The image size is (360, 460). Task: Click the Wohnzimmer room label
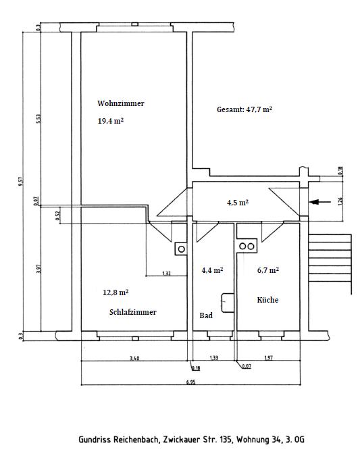click(x=121, y=103)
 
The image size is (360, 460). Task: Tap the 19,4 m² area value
click(x=111, y=121)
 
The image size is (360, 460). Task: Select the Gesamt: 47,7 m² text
click(x=245, y=109)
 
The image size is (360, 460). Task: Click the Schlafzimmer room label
click(x=133, y=312)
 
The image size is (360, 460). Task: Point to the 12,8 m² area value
click(x=115, y=292)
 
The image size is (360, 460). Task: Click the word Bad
click(x=206, y=315)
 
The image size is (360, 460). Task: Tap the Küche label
click(x=267, y=299)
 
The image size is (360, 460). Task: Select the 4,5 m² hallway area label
click(x=238, y=203)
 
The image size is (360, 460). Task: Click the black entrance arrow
click(x=319, y=202)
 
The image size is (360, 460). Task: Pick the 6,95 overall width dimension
click(x=190, y=382)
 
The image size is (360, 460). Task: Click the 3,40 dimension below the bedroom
click(x=134, y=358)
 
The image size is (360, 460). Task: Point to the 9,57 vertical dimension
click(x=21, y=181)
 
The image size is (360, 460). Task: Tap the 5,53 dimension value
click(x=38, y=118)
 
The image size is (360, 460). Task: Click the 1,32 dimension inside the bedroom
click(x=166, y=274)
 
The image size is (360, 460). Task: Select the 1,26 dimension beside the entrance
click(x=340, y=201)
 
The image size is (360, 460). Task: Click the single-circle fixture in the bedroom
click(x=181, y=249)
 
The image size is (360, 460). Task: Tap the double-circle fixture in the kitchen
click(x=247, y=246)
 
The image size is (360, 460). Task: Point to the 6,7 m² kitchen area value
click(x=268, y=270)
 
